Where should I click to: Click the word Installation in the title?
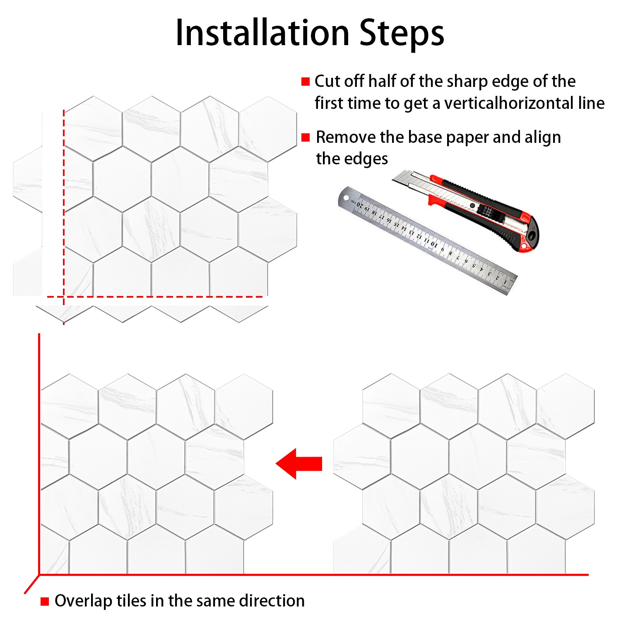262,33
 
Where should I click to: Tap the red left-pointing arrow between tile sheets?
299,464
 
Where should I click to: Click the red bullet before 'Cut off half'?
306,82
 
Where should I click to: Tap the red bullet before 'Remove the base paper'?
306,137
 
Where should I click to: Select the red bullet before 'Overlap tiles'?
45,601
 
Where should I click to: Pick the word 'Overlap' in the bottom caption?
83,601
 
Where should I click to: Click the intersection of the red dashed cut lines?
63,296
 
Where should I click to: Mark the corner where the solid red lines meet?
39,575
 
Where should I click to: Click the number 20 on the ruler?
360,205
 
